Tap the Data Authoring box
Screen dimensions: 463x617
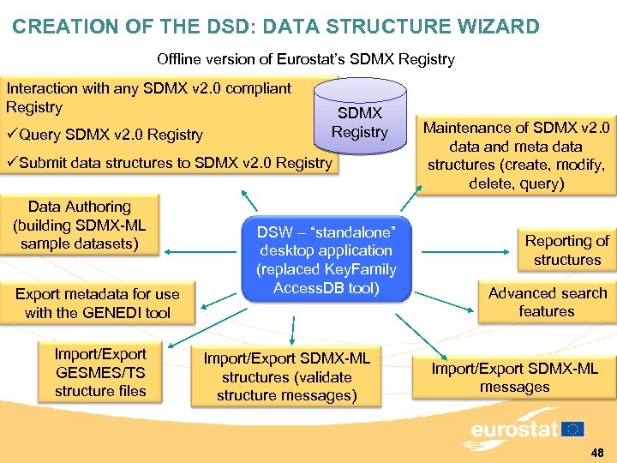80,225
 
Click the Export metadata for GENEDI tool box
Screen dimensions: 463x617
98,304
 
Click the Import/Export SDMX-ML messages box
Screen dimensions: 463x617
514,377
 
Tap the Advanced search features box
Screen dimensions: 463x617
547,302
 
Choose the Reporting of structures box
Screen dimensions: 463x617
566,250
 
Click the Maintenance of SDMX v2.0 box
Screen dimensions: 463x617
517,155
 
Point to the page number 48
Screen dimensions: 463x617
597,451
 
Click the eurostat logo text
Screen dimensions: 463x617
513,430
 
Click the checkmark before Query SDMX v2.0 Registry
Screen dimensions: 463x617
12,135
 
